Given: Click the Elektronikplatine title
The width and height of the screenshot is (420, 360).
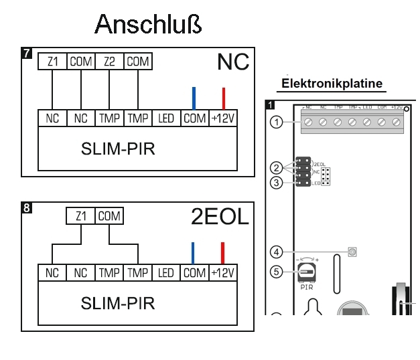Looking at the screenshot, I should [x=332, y=84].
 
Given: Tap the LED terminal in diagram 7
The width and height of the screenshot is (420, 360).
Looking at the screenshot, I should [x=166, y=118].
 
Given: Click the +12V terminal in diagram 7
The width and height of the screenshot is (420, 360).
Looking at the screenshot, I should [x=224, y=118].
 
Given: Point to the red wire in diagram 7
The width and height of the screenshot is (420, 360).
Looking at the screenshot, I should [x=224, y=98].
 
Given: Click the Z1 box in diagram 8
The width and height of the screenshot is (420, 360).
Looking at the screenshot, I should [x=81, y=217].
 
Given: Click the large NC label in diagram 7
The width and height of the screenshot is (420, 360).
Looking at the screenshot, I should [x=232, y=63].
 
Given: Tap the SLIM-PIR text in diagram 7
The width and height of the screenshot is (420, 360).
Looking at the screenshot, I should [x=118, y=149].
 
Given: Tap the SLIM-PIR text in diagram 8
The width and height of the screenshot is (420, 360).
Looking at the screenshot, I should [x=118, y=303].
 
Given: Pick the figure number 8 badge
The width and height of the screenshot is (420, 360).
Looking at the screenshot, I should [x=27, y=208].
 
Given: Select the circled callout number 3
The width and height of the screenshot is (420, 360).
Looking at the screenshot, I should [x=275, y=182].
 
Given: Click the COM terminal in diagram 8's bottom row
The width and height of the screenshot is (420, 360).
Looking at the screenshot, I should [x=194, y=273].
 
